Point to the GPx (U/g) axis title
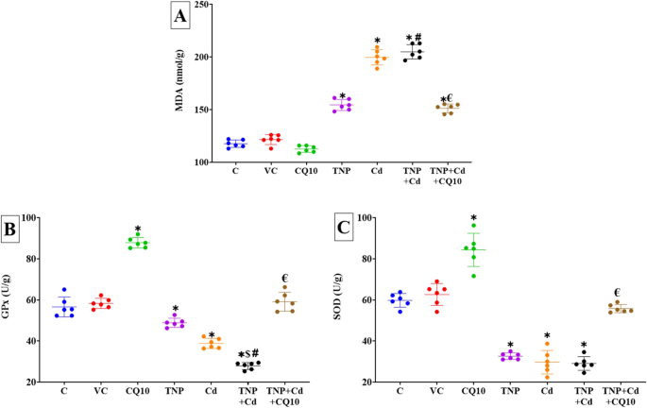pyautogui.click(x=9, y=300)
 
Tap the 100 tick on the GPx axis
pyautogui.click(x=33, y=218)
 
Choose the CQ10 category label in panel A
pyautogui.click(x=304, y=172)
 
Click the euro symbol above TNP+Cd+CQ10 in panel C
pyautogui.click(x=616, y=293)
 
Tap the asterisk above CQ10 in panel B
pyautogui.click(x=138, y=229)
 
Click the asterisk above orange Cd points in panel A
pyautogui.click(x=378, y=42)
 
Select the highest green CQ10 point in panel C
pyautogui.click(x=473, y=226)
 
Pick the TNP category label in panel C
pyautogui.click(x=510, y=390)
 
